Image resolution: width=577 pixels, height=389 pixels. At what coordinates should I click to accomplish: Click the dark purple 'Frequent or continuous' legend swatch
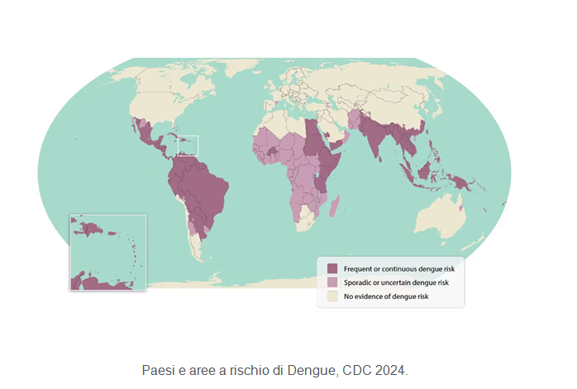[332, 269]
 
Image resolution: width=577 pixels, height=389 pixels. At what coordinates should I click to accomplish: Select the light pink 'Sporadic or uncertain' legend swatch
[332, 282]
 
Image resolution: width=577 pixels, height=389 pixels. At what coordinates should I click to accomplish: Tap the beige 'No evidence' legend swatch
[332, 296]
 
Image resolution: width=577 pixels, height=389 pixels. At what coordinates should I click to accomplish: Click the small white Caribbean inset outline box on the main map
[187, 146]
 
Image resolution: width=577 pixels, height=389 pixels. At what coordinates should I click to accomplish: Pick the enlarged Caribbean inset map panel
[107, 252]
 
